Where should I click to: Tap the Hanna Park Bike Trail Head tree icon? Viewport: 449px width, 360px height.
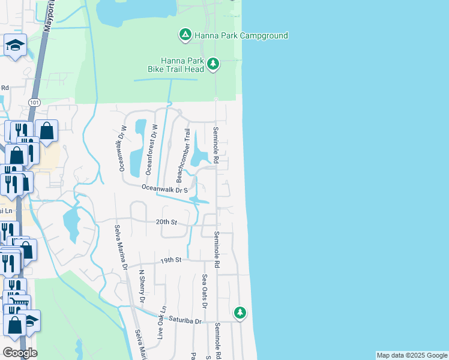212,64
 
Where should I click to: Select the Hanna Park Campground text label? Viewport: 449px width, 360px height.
240,36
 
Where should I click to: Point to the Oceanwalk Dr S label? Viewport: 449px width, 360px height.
166,189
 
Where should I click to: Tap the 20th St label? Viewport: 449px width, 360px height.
166,223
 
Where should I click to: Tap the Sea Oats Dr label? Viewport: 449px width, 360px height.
205,291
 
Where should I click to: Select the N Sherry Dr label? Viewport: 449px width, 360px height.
142,285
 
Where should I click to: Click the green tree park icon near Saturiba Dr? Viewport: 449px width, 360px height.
240,313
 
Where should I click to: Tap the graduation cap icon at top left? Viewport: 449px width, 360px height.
14,45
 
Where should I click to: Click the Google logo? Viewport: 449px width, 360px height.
20,352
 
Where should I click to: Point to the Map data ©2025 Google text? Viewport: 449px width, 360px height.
412,355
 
